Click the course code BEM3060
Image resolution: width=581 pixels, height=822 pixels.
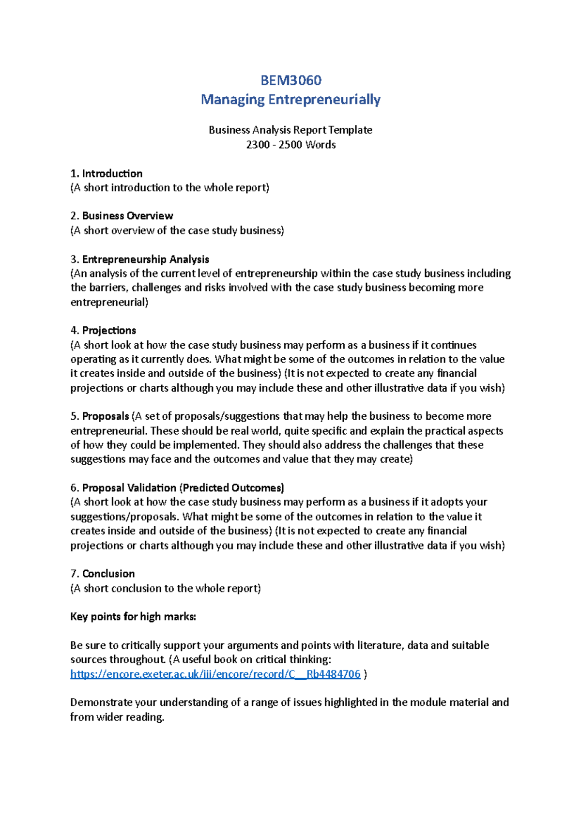[x=290, y=80]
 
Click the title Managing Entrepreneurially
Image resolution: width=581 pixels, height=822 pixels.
[x=290, y=100]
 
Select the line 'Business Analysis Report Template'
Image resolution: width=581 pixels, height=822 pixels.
[x=290, y=130]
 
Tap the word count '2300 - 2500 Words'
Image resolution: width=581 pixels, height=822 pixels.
[x=290, y=145]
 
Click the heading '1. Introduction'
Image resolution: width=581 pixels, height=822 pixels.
[x=107, y=173]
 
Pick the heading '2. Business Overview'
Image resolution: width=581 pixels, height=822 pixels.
[x=122, y=216]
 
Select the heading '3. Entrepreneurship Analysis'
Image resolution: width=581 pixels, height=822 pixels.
[x=140, y=259]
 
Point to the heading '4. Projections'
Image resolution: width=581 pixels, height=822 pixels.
[x=103, y=331]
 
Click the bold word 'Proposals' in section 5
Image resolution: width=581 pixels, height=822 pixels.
[x=106, y=416]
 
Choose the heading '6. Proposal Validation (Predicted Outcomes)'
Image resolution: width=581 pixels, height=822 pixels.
[x=177, y=488]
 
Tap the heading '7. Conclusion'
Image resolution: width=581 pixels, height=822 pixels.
[x=103, y=574]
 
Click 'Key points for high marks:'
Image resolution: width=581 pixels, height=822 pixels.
[x=133, y=617]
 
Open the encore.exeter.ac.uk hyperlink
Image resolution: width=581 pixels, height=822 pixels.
[x=215, y=674]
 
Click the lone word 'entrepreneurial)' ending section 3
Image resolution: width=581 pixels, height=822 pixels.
[x=109, y=303]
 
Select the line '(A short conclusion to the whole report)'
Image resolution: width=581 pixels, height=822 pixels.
[x=166, y=588]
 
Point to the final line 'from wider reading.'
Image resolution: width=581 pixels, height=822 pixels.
[x=117, y=717]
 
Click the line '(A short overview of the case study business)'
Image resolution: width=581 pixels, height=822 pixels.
[x=177, y=230]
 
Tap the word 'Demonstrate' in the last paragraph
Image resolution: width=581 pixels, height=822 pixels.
[x=101, y=702]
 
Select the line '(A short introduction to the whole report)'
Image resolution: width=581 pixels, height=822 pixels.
[x=169, y=188]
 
